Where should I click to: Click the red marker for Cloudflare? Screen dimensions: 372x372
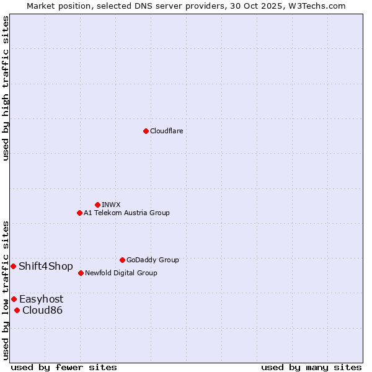pos(146,131)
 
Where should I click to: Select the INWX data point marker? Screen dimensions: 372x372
pos(97,205)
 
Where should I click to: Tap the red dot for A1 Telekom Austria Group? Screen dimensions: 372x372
pos(79,213)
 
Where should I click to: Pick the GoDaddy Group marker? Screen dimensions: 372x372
pos(122,260)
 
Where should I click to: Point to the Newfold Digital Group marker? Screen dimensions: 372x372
pos(81,273)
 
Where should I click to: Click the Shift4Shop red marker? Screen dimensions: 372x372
pos(13,266)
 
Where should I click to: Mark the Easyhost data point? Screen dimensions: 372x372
pos(14,299)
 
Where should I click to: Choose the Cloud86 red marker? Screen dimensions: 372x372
pos(17,310)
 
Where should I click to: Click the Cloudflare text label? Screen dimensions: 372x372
pos(166,131)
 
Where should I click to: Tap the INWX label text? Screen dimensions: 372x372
pos(111,205)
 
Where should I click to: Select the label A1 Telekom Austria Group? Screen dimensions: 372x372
pos(126,213)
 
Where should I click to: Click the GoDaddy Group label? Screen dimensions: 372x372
pos(153,260)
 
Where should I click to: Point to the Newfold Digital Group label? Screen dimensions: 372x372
pos(121,273)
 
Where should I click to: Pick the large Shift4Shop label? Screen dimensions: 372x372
pos(45,267)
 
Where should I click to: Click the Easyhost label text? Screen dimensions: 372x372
pos(41,299)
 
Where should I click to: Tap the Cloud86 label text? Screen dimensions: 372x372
pos(42,310)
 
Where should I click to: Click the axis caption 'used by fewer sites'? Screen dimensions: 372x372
pos(64,367)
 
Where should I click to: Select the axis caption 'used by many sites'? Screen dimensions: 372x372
pos(311,367)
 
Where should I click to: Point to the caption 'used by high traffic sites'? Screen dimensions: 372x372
pos(6,88)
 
